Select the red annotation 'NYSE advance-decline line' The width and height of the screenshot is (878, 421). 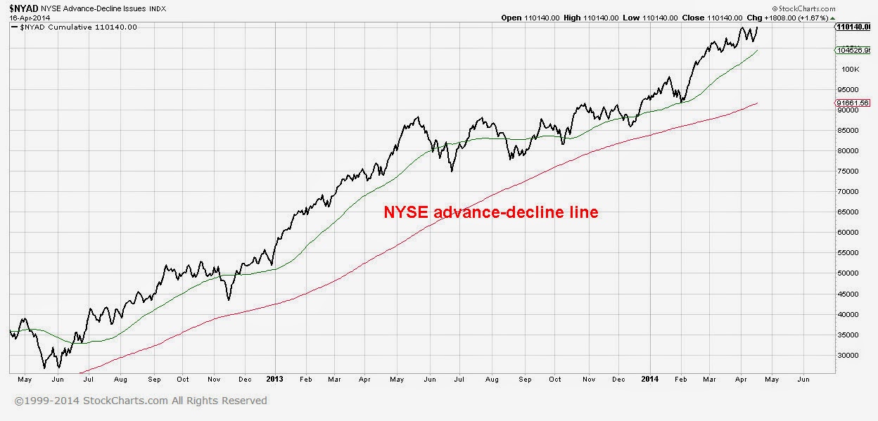490,212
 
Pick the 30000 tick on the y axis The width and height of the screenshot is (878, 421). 849,355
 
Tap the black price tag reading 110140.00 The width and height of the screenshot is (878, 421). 853,27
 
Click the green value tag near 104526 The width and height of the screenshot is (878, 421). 853,51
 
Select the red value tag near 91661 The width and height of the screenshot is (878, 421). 853,103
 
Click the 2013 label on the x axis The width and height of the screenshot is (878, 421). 274,379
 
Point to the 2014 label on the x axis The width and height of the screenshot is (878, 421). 649,379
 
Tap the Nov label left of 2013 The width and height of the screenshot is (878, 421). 212,379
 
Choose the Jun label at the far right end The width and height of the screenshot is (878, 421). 803,379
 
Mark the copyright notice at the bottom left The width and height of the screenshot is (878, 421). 141,401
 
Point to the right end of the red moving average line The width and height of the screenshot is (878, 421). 757,103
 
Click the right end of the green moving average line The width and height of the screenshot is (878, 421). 757,51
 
